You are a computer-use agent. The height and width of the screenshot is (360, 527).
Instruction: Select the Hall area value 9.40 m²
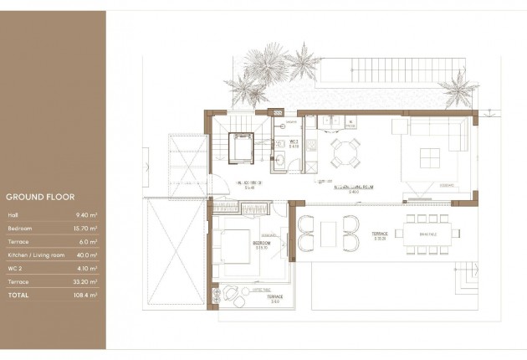(x=87, y=215)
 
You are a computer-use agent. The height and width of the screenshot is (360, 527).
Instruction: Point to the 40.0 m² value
(x=88, y=255)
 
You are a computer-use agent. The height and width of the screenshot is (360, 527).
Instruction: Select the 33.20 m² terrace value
(x=86, y=281)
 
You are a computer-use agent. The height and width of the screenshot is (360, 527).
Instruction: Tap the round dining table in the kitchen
(x=343, y=152)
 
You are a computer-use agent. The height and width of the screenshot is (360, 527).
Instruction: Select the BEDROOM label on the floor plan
(x=262, y=244)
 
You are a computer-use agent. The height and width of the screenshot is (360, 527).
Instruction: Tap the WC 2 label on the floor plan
(x=294, y=143)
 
